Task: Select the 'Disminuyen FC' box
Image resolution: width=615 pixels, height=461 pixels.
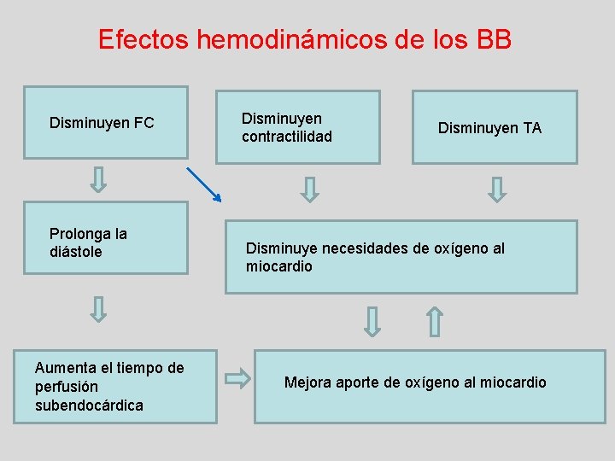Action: pos(105,122)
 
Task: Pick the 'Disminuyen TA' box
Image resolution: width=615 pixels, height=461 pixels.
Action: pos(495,126)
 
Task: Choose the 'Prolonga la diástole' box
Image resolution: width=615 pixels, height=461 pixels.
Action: pos(105,237)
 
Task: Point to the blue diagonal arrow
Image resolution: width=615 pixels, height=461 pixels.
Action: pos(204,184)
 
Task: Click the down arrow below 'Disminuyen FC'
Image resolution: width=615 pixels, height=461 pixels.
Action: pos(99,179)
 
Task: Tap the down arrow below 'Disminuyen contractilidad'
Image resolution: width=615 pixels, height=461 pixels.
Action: pos(311,188)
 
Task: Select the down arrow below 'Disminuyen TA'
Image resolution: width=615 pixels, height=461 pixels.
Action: pos(496,188)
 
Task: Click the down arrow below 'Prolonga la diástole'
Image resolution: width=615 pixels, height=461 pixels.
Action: pos(99,308)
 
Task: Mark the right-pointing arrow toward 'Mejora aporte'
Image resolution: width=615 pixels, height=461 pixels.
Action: pos(237,376)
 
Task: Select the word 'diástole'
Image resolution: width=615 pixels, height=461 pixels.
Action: pos(76,252)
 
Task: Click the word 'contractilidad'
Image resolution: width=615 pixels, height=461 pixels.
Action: pos(287,137)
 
